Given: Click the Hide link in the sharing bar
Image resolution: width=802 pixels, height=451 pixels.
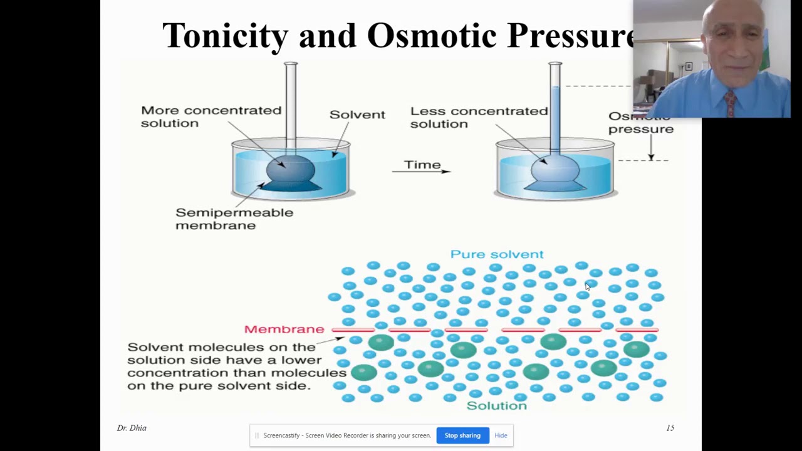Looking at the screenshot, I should [501, 435].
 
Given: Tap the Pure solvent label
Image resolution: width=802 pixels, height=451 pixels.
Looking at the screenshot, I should [497, 254].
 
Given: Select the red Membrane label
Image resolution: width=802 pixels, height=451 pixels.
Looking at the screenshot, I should [284, 329].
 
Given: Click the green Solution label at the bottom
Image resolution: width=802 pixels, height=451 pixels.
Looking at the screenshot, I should [497, 406].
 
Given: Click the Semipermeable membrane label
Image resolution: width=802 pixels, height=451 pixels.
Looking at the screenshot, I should [234, 219].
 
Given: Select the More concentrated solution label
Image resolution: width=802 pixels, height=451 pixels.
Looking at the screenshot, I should [211, 117].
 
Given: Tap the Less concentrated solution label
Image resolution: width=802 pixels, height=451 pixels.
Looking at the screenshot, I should [479, 117].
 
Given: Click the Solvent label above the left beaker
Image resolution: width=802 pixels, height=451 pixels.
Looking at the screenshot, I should [357, 115].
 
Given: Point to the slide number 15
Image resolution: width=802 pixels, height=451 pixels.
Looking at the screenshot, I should [670, 428].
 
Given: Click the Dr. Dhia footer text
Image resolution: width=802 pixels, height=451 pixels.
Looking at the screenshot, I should [132, 428].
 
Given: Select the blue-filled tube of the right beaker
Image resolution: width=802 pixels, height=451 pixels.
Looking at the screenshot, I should [555, 119].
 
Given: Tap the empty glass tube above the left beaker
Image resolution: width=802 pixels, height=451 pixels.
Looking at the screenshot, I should [291, 100].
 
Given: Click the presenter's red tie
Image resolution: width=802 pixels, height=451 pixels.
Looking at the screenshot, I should [730, 103].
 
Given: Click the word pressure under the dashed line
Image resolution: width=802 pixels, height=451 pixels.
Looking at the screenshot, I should [640, 129].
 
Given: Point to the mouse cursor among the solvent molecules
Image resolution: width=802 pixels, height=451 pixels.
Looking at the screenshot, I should [587, 286].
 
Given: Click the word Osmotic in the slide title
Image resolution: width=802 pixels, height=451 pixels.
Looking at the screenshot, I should [433, 36].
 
